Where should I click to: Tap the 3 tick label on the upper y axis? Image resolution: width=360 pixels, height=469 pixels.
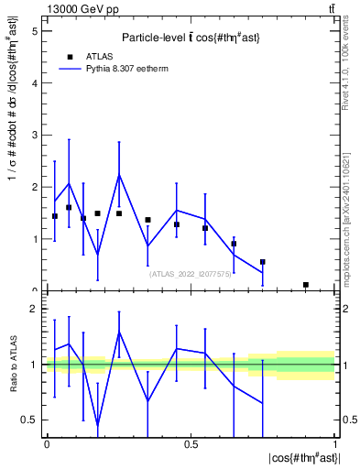tap(35, 135)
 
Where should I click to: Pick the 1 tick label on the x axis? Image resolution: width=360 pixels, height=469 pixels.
tap(335, 444)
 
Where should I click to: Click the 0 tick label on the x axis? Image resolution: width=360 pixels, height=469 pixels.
tap(47, 444)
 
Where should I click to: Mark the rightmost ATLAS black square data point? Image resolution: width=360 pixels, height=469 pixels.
tap(306, 285)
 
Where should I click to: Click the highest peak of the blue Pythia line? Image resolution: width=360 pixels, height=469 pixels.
tap(119, 175)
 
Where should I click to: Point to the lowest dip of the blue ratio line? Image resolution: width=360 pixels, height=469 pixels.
tap(97, 425)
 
